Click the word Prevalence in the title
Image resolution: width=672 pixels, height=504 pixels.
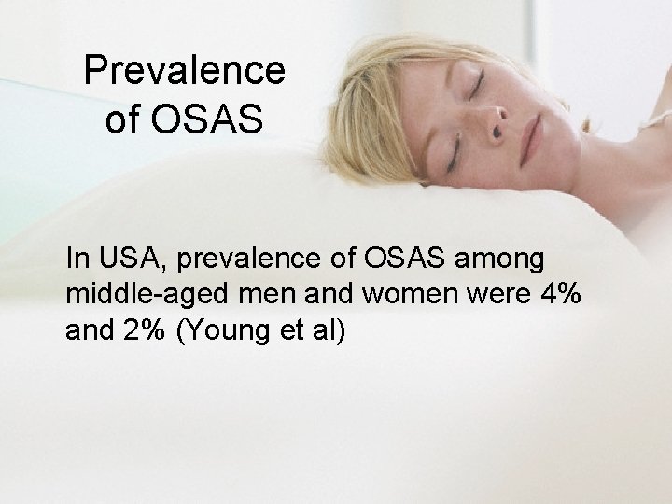184,71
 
